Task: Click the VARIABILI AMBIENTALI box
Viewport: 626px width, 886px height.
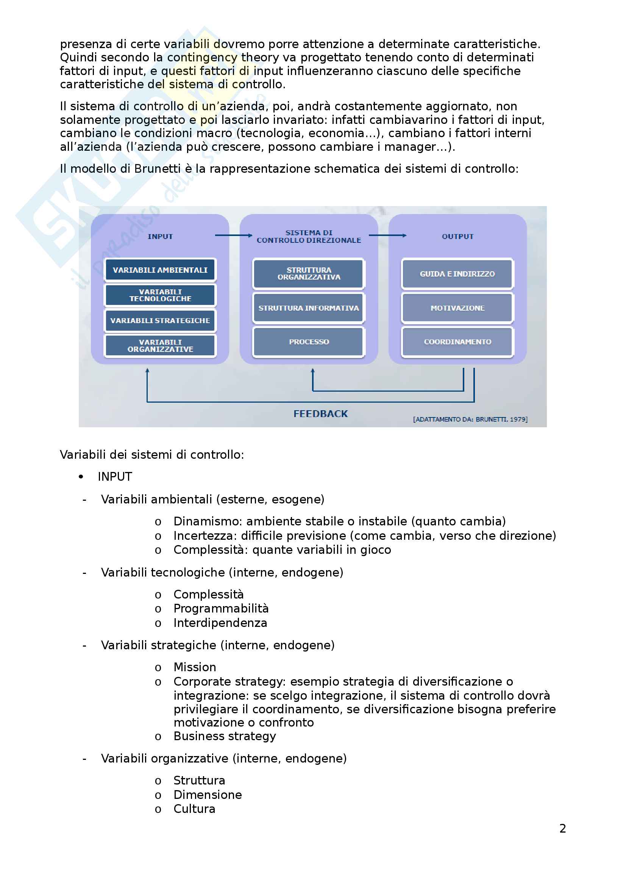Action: (160, 270)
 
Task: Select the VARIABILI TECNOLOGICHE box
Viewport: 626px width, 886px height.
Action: (160, 295)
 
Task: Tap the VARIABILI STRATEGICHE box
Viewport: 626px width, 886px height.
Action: (160, 321)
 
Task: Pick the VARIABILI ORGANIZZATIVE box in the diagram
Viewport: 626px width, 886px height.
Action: (160, 346)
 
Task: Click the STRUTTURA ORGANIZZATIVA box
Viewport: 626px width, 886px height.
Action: (309, 273)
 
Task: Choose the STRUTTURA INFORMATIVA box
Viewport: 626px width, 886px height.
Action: (309, 308)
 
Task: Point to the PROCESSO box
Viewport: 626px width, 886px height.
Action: (309, 342)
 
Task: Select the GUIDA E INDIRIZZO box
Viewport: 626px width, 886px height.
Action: (457, 273)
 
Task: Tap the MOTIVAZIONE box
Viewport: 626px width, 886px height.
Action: (457, 308)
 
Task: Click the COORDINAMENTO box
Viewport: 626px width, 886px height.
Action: (457, 342)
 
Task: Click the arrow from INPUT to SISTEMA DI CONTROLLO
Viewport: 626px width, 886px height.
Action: (233, 235)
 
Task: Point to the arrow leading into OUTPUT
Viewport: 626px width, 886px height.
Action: (387, 235)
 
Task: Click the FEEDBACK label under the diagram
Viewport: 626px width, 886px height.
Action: (320, 414)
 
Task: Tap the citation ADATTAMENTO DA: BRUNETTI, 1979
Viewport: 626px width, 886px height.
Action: (470, 419)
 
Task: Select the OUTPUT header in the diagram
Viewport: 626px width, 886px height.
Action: (457, 236)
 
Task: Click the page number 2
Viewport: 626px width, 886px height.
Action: (563, 828)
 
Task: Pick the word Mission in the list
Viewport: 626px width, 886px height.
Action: (195, 667)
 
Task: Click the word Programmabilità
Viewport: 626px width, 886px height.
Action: (221, 609)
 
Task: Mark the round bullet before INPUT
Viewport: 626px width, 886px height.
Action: (81, 477)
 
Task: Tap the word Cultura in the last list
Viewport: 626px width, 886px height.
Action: (194, 809)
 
